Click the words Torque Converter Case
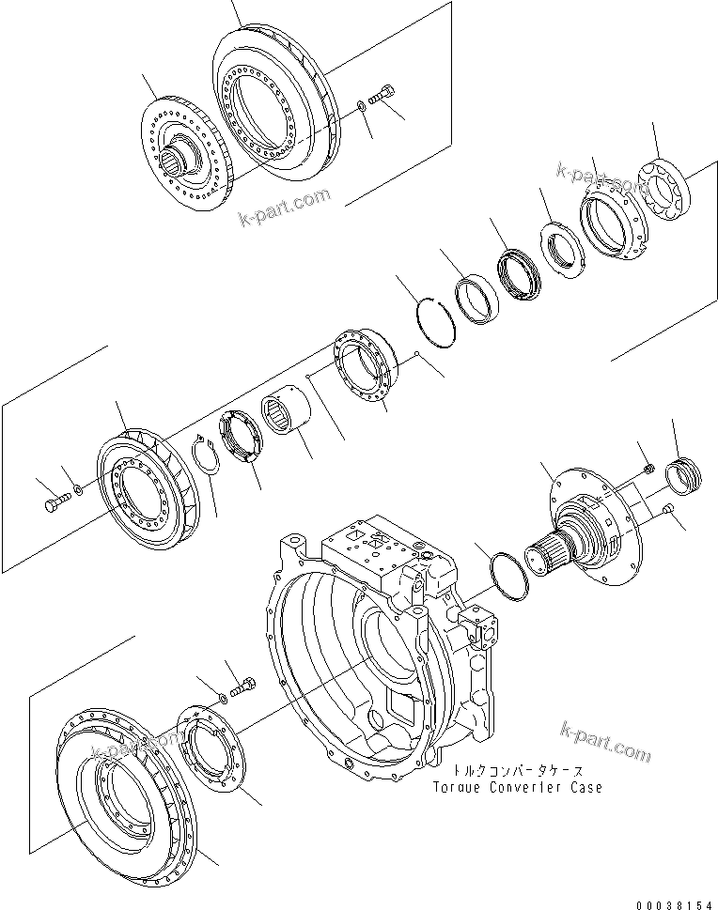click(x=517, y=787)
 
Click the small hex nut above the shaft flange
click(x=648, y=467)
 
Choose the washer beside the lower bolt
click(x=222, y=696)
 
